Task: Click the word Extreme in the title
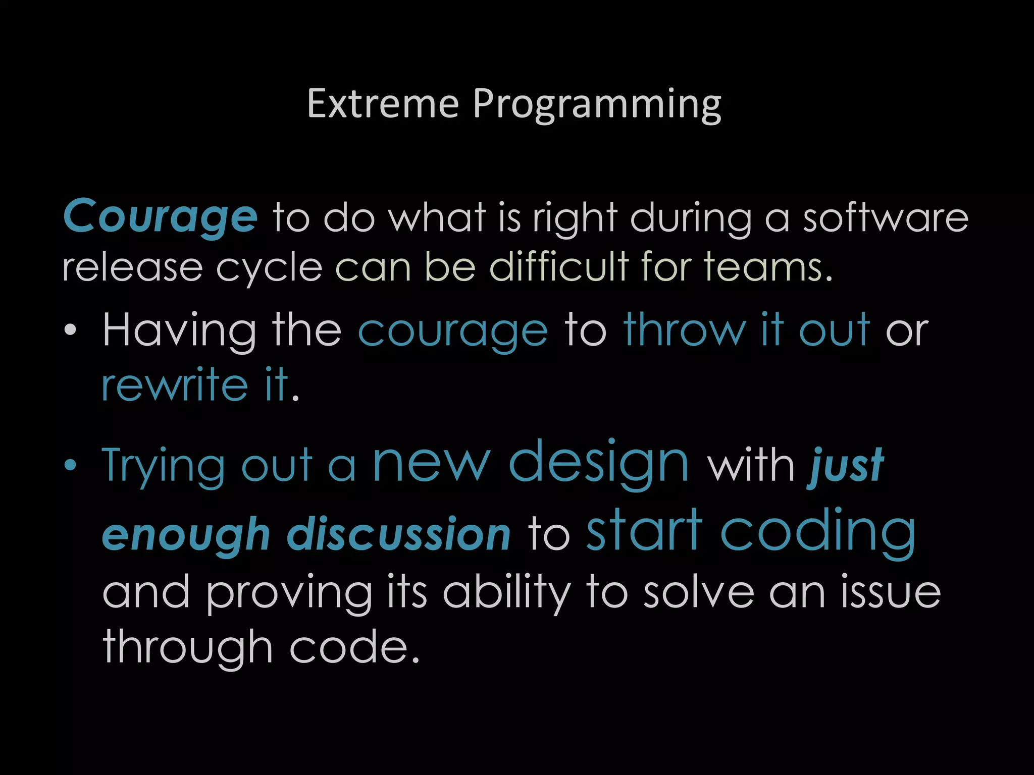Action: click(383, 104)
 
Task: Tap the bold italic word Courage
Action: click(161, 217)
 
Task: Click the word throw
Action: click(684, 330)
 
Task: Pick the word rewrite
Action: click(175, 385)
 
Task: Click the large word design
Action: click(599, 463)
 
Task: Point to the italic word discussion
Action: click(399, 535)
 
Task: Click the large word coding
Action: click(818, 532)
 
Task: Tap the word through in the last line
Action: click(188, 648)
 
